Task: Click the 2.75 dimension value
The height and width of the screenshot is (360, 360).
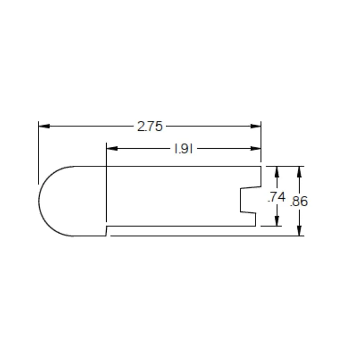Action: (x=150, y=126)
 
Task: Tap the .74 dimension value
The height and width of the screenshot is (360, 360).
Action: (x=276, y=197)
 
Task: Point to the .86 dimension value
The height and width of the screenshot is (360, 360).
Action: (x=299, y=201)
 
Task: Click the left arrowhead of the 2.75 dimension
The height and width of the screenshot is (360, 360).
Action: (x=44, y=126)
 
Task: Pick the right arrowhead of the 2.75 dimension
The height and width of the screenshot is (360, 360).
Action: (x=256, y=126)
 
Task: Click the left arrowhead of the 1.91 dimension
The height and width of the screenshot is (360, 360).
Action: (x=112, y=149)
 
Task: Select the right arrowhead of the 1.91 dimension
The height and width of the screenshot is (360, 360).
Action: (x=256, y=149)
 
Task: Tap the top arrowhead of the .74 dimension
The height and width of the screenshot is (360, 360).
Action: (x=277, y=172)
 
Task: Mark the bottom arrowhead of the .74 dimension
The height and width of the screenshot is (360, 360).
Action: (x=277, y=221)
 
